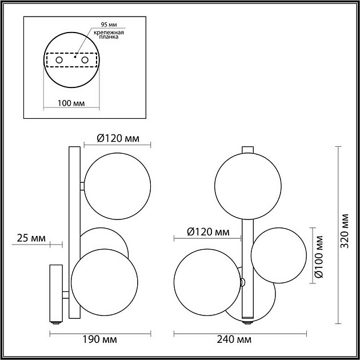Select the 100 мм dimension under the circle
(71, 103)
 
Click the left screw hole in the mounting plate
(59, 59)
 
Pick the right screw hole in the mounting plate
(85, 59)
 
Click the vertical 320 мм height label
(344, 235)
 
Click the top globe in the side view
(118, 186)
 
